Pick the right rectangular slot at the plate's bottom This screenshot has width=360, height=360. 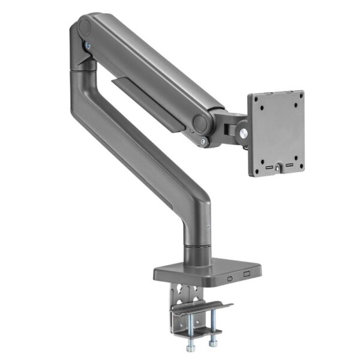(x=287, y=163)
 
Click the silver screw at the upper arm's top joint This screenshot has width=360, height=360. (x=89, y=46)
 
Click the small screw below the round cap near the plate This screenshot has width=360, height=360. (x=206, y=142)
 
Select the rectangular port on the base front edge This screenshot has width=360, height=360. (x=246, y=275)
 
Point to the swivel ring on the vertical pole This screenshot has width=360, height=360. (x=197, y=245)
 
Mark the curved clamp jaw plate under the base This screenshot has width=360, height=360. (x=201, y=309)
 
